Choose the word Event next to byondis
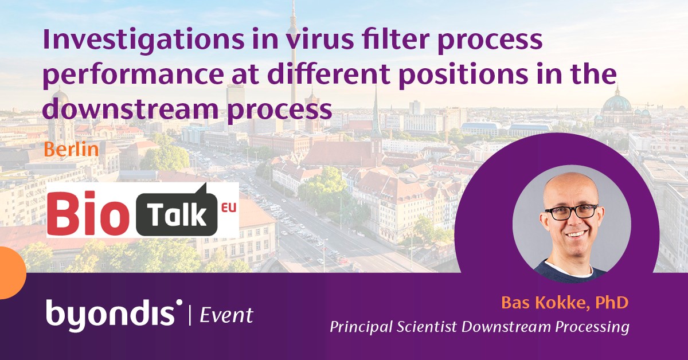(x=226, y=315)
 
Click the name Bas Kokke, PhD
(x=565, y=302)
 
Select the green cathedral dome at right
(x=616, y=104)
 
